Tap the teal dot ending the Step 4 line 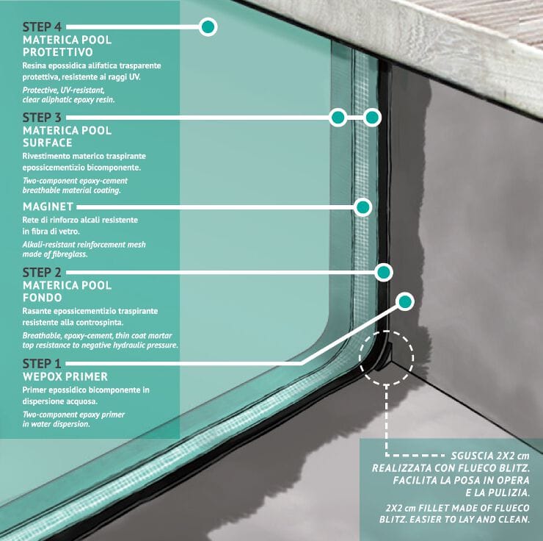coord(208,27)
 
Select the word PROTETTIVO coord(58,52)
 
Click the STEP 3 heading coord(42,118)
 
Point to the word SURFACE coord(48,143)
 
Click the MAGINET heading coord(48,207)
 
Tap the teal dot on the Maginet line coord(362,207)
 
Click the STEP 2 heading coord(42,273)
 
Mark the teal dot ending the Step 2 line coord(383,273)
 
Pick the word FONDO coord(42,298)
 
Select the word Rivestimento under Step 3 coord(48,156)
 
